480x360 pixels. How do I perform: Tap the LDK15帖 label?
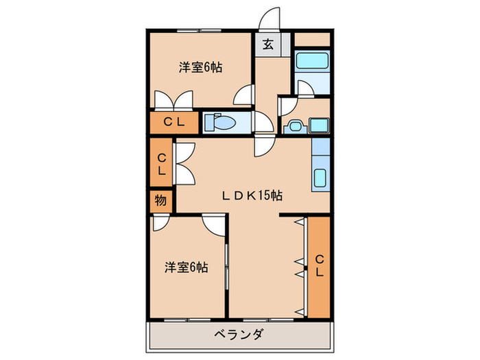[x=252, y=195]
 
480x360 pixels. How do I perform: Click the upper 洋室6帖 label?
[x=201, y=67]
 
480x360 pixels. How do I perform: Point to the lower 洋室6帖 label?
[x=186, y=267]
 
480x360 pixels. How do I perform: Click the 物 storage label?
[x=160, y=201]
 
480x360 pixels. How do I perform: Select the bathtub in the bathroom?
[x=312, y=62]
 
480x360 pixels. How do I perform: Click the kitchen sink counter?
[x=320, y=167]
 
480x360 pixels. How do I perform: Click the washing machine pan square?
[x=319, y=126]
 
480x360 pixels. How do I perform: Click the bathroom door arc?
[x=304, y=87]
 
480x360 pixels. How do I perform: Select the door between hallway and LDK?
[x=263, y=144]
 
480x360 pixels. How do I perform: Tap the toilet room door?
[x=261, y=122]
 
